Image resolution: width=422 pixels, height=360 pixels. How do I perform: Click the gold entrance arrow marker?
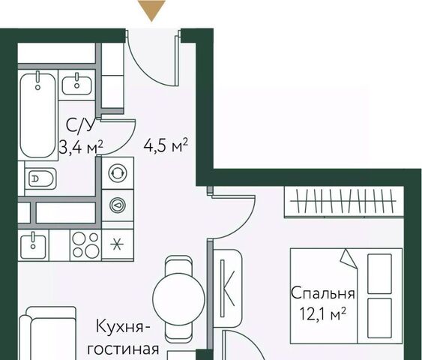151,10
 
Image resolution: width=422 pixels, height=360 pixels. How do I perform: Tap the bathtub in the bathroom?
38,115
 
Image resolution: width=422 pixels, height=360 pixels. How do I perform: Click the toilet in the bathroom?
40,178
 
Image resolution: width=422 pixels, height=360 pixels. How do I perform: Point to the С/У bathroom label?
81,126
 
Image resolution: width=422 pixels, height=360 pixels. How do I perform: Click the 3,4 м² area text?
81,147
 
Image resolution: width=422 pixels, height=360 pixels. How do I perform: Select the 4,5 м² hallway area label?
166,146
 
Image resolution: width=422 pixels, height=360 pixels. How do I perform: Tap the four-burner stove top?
85,245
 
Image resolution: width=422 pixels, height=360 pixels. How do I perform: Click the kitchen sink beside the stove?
33,245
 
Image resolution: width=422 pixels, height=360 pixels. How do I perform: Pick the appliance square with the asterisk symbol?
118,245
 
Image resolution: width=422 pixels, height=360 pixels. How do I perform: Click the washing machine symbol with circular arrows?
118,173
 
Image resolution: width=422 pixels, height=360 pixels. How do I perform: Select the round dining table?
178,298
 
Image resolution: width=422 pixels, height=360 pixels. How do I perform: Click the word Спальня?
323,293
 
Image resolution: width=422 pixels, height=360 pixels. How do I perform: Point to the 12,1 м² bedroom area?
323,313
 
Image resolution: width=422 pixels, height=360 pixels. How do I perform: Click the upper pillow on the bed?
379,274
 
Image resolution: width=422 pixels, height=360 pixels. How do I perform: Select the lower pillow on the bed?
379,318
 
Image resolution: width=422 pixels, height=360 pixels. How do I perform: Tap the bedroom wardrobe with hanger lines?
344,202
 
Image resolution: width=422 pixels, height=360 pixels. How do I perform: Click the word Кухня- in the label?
123,326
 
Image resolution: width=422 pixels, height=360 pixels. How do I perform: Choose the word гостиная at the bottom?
123,349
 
